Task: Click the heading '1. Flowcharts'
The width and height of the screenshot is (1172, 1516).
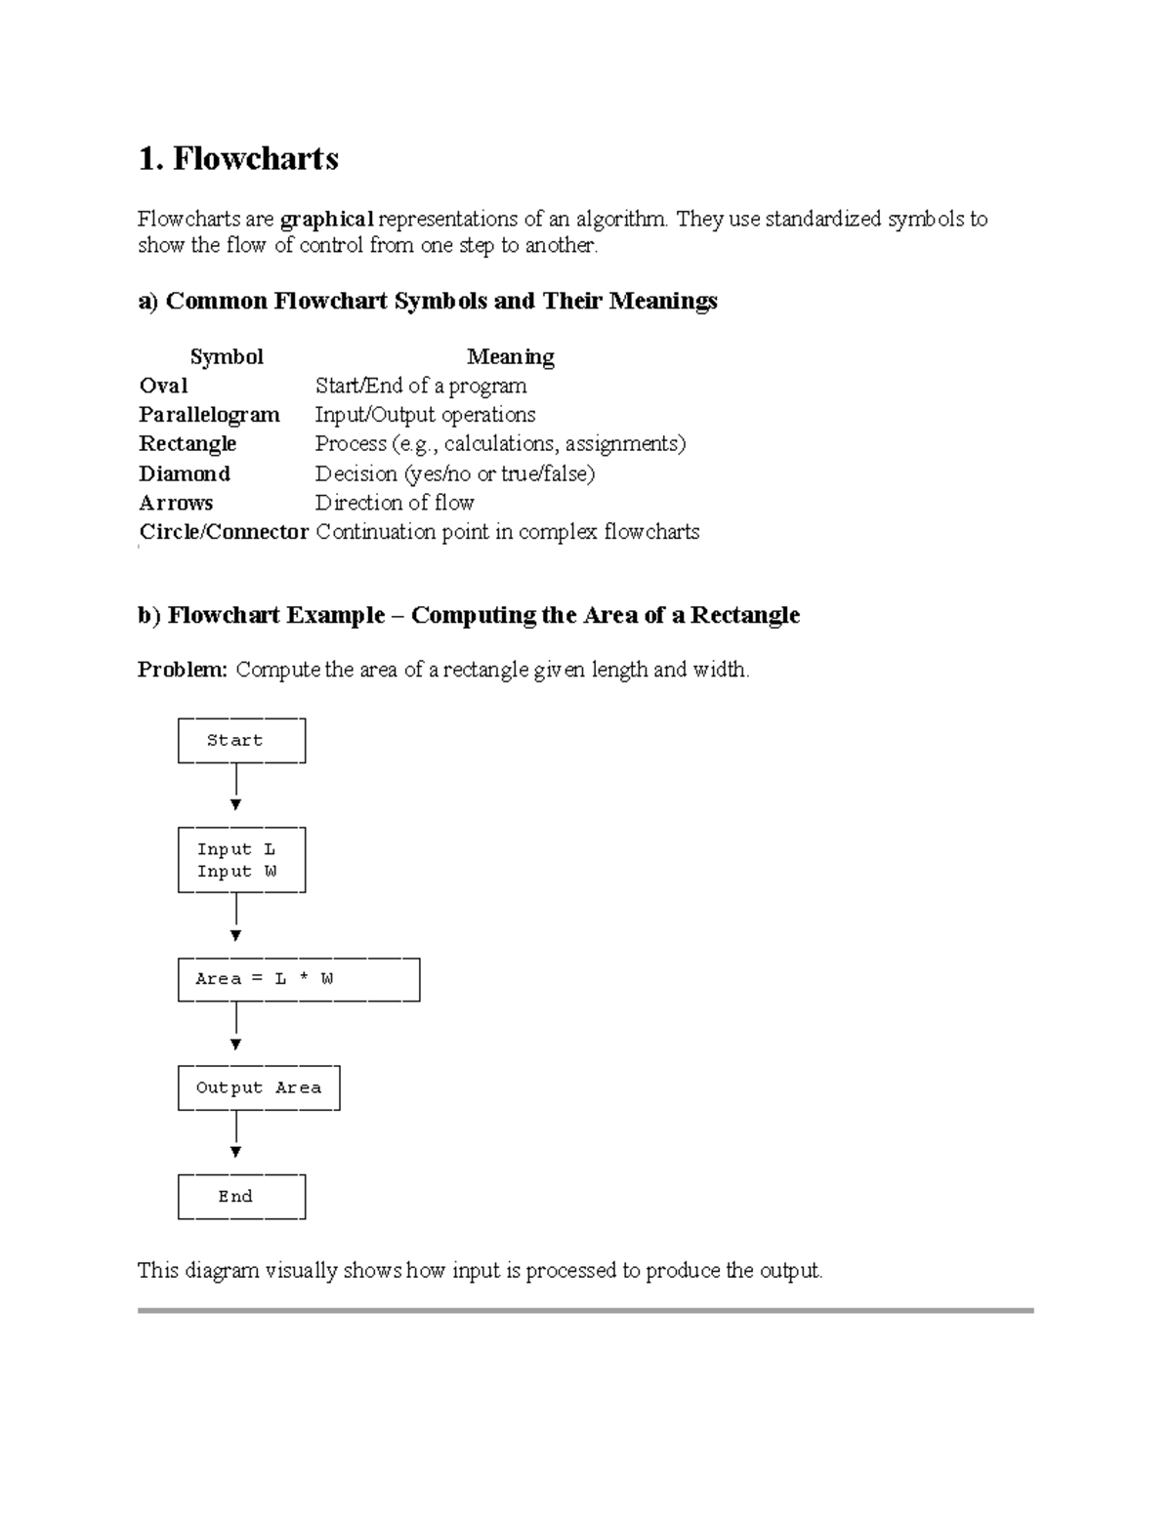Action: pyautogui.click(x=238, y=158)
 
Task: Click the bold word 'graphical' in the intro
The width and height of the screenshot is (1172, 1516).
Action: pyautogui.click(x=326, y=219)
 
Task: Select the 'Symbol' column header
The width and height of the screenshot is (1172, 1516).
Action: pyautogui.click(x=227, y=357)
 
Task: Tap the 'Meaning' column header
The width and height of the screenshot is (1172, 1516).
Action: pyautogui.click(x=510, y=357)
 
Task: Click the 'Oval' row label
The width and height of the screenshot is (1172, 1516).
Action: pyautogui.click(x=163, y=386)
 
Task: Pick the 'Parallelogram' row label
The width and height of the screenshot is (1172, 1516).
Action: pyautogui.click(x=209, y=415)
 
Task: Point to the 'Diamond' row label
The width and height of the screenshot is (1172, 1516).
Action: pyautogui.click(x=185, y=474)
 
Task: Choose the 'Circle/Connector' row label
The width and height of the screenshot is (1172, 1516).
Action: pyautogui.click(x=224, y=532)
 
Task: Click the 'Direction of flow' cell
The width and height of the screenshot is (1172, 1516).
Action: pyautogui.click(x=394, y=503)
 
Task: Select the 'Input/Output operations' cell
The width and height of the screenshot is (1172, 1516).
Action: pyautogui.click(x=425, y=415)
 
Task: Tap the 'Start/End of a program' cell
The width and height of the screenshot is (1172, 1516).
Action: pyautogui.click(x=421, y=386)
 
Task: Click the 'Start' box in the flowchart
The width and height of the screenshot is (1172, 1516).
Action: pyautogui.click(x=241, y=741)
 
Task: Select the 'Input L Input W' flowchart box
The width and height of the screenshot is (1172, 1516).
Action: pyautogui.click(x=241, y=860)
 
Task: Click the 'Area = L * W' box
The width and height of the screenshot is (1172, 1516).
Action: pyautogui.click(x=298, y=979)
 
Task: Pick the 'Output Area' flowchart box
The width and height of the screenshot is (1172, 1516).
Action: pyautogui.click(x=259, y=1088)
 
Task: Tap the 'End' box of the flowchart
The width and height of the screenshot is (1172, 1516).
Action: pyautogui.click(x=241, y=1197)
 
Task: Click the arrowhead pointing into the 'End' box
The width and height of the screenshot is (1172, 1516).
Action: pyautogui.click(x=235, y=1153)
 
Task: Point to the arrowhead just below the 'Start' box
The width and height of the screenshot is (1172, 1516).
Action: pyautogui.click(x=235, y=805)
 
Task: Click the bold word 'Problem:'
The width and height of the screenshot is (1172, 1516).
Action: pyautogui.click(x=183, y=670)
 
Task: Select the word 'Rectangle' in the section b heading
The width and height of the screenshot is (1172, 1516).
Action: pyautogui.click(x=745, y=616)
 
